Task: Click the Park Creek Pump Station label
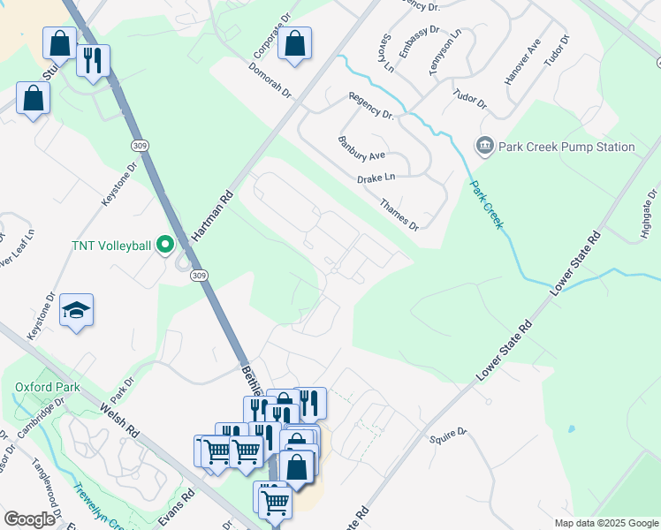(566, 147)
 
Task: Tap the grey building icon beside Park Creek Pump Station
(484, 146)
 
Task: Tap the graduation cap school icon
(77, 311)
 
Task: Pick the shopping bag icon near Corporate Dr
(295, 43)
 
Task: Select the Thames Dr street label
(399, 215)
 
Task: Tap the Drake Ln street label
(376, 179)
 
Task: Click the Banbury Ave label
(361, 148)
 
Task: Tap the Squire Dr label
(447, 434)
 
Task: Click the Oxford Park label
(47, 387)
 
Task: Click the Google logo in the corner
(28, 519)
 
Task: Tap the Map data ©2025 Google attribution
(605, 523)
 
